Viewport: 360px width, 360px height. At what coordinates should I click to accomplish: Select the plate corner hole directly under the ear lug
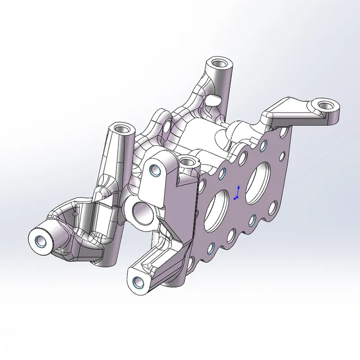click(283, 132)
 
